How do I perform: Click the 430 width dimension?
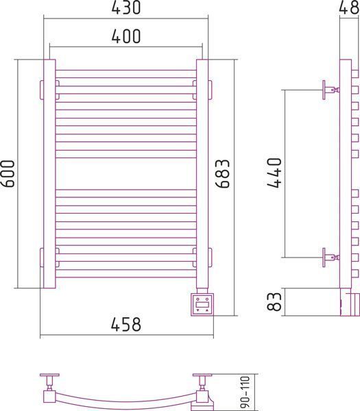[126, 8]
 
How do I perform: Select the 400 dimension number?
[126, 36]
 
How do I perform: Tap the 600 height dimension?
[8, 174]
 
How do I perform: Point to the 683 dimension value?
[222, 173]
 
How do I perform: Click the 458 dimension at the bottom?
[126, 324]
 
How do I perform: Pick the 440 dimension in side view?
[274, 173]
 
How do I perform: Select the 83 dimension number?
[274, 301]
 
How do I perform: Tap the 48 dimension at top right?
[349, 8]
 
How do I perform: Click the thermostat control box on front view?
[202, 305]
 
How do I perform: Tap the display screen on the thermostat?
[202, 305]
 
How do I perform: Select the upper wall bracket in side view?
[331, 90]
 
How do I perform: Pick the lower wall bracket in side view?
[331, 258]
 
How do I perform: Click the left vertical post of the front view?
[49, 173]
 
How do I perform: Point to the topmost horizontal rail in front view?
[126, 74]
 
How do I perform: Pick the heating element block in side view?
[350, 302]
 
